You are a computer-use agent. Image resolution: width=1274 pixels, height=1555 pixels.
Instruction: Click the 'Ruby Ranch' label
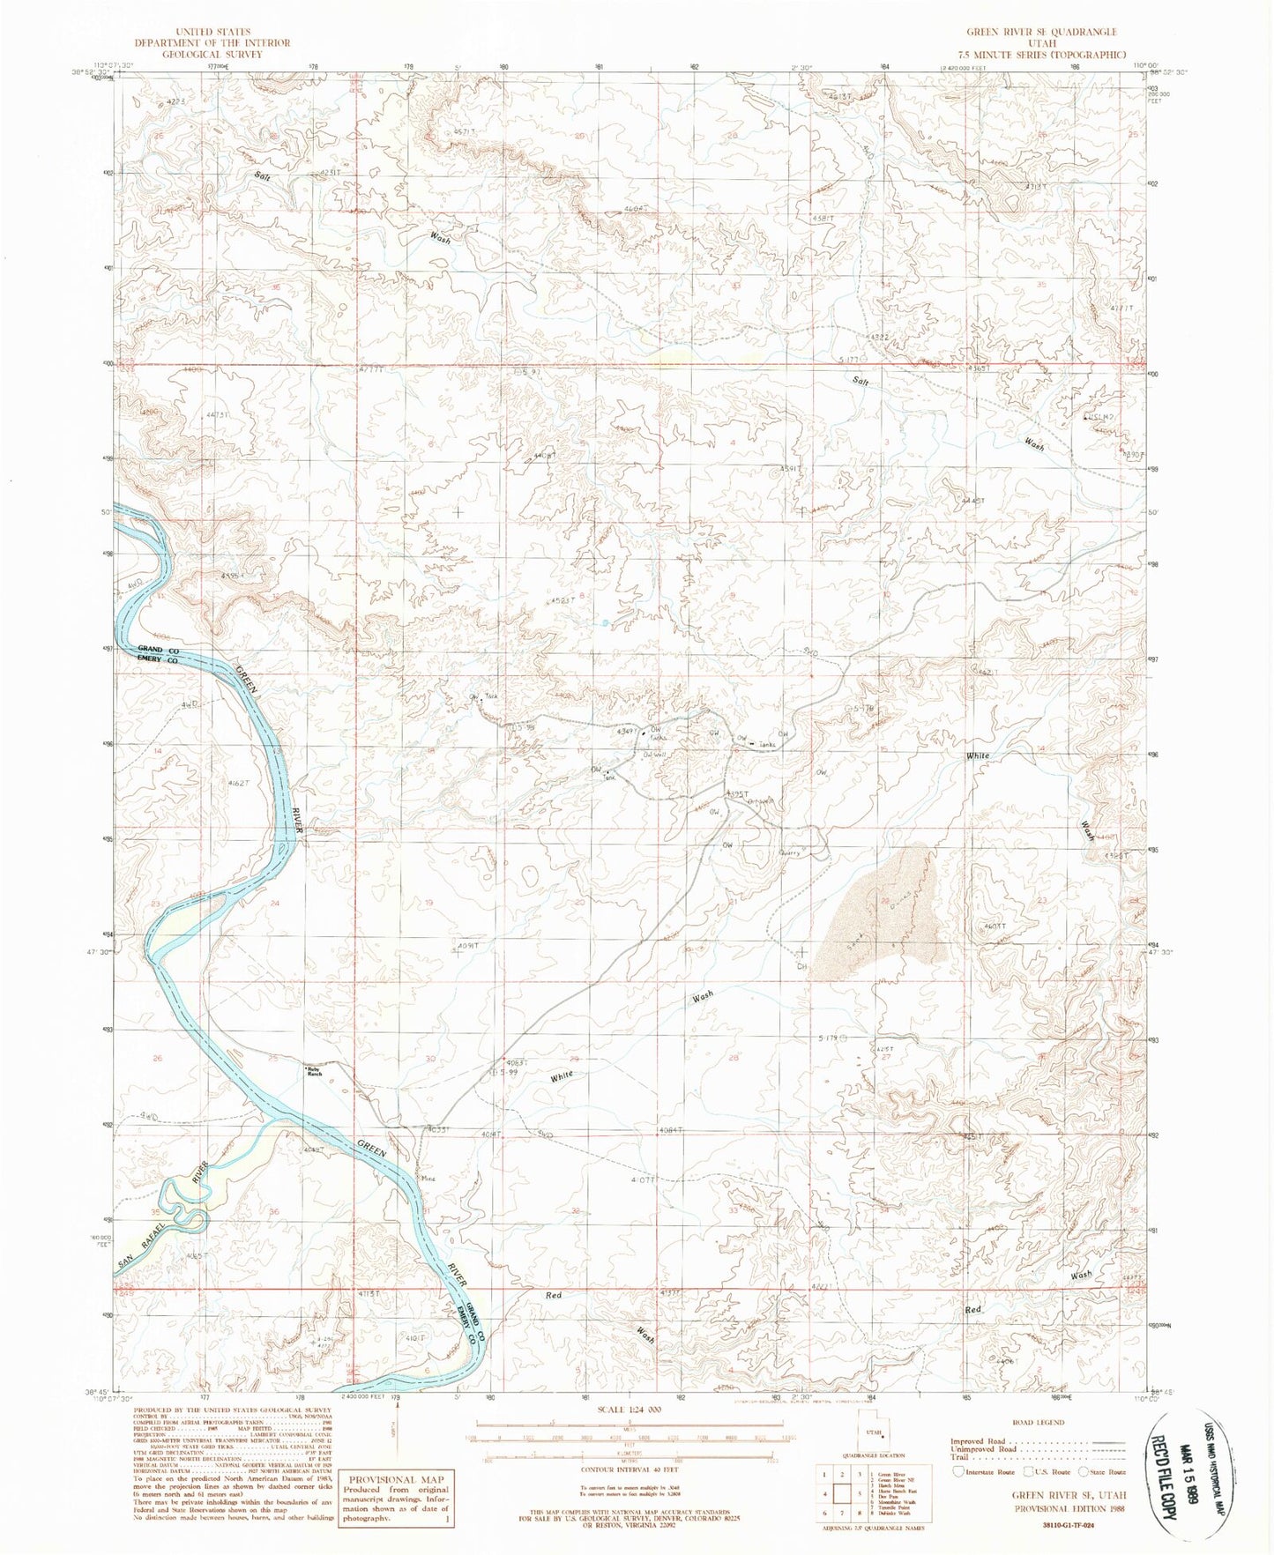coord(314,1071)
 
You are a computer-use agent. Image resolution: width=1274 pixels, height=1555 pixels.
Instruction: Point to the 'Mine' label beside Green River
coord(429,1178)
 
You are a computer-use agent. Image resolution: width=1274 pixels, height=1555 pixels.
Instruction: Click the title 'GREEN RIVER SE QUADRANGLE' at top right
coord(1041,31)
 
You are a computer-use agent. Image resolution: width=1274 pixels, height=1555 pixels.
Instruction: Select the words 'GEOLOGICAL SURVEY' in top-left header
coord(212,53)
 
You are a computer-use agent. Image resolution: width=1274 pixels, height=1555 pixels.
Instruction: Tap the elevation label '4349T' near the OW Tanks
coord(628,731)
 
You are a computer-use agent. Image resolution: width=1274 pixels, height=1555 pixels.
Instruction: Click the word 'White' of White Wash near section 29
coord(562,1076)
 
